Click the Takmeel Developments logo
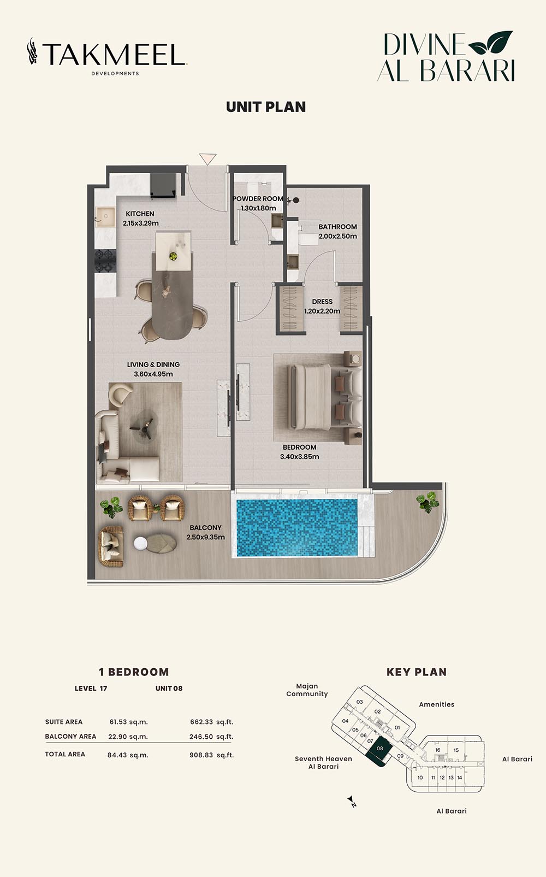pyautogui.click(x=106, y=56)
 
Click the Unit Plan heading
pyautogui.click(x=266, y=107)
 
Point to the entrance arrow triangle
pyautogui.click(x=207, y=158)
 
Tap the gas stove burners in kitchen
pyautogui.click(x=105, y=261)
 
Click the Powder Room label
pyautogui.click(x=258, y=204)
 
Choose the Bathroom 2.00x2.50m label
pyautogui.click(x=337, y=231)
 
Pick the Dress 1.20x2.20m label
pyautogui.click(x=322, y=306)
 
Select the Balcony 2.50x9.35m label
pyautogui.click(x=206, y=532)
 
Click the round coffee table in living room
pyautogui.click(x=144, y=426)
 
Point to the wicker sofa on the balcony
pyautogui.click(x=111, y=546)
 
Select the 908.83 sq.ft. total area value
pyautogui.click(x=212, y=755)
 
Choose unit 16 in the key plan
pyautogui.click(x=438, y=750)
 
